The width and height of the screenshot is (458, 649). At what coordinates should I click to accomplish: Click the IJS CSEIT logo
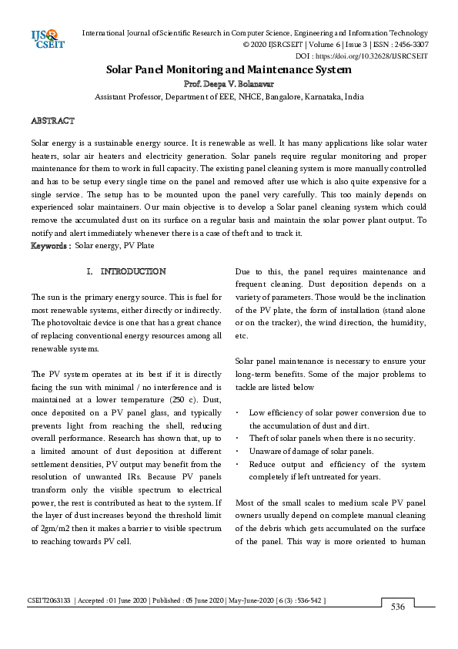46,39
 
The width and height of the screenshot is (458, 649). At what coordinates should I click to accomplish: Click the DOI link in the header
383,55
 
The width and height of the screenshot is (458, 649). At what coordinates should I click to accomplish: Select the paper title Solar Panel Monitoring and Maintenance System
229,69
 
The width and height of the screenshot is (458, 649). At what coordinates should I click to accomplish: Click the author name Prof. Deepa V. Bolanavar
229,83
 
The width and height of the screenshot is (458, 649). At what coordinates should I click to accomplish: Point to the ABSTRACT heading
52,121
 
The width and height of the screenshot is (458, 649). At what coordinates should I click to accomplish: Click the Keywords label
50,245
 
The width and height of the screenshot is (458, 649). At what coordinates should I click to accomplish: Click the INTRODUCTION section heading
133,272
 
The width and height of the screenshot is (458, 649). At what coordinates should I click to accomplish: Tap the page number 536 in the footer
397,607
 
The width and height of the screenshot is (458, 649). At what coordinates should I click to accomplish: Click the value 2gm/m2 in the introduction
52,529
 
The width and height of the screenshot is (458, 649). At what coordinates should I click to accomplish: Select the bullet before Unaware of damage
238,451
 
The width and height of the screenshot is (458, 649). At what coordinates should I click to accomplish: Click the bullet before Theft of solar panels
238,439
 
